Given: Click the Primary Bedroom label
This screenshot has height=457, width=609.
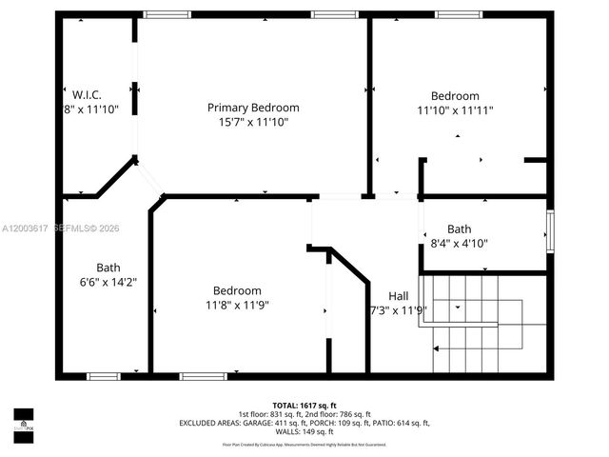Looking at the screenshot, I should click(253, 108).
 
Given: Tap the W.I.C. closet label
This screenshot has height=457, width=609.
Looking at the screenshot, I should click(87, 94).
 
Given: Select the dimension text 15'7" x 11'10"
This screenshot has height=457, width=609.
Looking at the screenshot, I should click(253, 122).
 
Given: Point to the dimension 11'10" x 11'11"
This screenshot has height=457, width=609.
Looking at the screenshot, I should click(455, 110).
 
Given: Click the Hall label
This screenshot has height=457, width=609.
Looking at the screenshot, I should click(399, 295).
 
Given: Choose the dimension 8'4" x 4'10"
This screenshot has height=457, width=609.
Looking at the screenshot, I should click(460, 243).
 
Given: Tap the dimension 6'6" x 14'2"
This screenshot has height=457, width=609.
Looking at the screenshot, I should click(108, 282).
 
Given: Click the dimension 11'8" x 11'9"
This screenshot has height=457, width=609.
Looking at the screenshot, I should click(237, 305).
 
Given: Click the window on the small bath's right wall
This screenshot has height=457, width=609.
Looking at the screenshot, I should click(549, 228).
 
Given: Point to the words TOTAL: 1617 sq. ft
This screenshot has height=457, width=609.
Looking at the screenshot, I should click(304, 406).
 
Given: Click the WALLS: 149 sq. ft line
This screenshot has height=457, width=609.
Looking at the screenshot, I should click(304, 431).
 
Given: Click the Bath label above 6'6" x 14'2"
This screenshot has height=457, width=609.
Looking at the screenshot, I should click(108, 268).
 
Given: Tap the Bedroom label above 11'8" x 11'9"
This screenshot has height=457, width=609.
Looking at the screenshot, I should click(237, 290).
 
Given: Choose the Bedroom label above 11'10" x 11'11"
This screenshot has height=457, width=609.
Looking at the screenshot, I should click(455, 96).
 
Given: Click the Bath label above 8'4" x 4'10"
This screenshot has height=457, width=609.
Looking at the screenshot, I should click(460, 228).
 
